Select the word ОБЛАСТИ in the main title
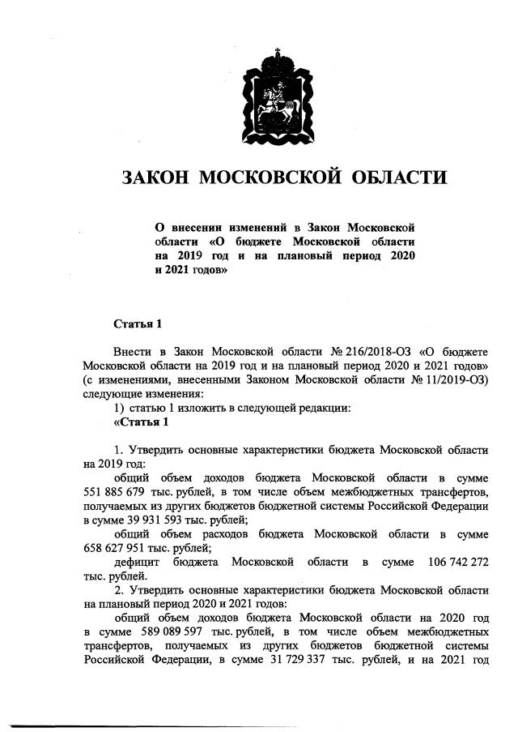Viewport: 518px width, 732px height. coord(392,178)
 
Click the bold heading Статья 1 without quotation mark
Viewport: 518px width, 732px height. coord(138,324)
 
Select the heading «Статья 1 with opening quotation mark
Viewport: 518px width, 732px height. coord(141,422)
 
